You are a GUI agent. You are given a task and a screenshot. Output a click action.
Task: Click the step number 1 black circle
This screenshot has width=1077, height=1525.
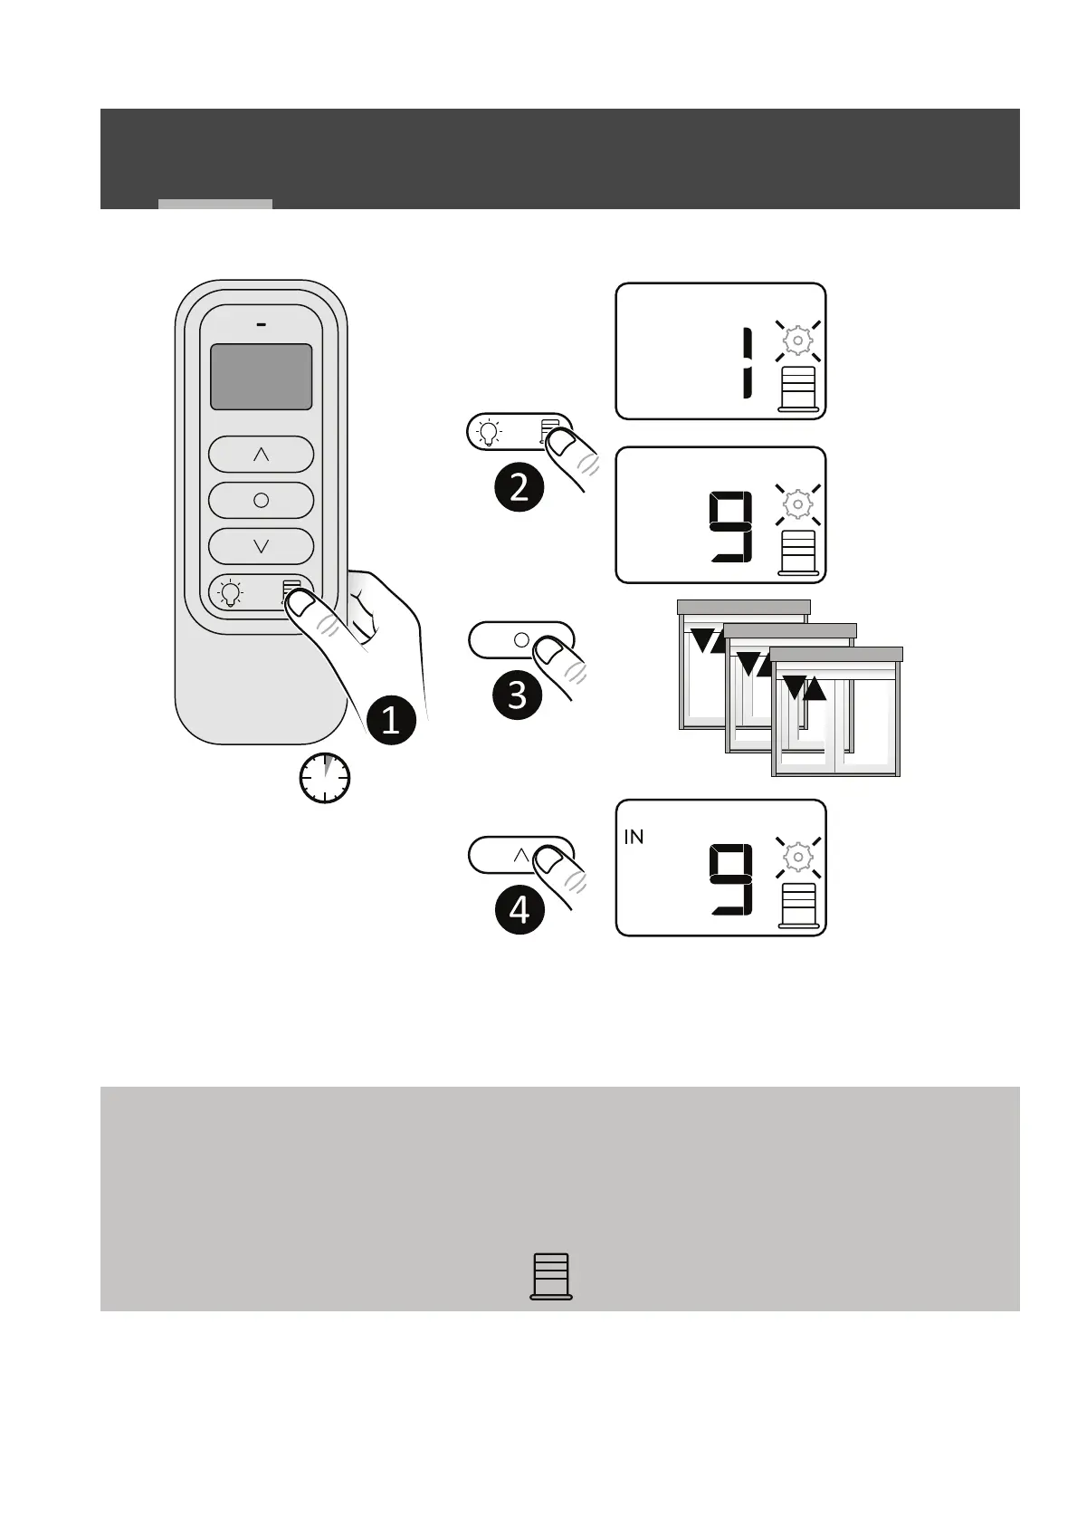tap(390, 721)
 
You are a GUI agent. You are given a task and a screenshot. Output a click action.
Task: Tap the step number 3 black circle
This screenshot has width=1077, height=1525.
tap(518, 695)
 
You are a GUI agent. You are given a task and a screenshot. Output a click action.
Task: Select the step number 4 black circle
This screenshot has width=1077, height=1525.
tap(519, 908)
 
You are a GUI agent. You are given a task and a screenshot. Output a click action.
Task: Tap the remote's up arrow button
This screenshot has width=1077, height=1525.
tap(261, 454)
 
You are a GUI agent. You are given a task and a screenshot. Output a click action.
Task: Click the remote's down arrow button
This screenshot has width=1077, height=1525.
tap(261, 546)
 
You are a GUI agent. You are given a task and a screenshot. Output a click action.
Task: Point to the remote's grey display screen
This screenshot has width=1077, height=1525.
tap(261, 377)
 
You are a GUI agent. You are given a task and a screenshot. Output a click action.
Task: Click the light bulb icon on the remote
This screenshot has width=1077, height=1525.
tap(231, 594)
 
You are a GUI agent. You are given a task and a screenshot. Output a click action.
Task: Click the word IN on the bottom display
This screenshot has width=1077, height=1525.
tap(634, 838)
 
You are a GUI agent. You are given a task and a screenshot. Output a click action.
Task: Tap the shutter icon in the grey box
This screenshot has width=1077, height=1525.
tap(550, 1277)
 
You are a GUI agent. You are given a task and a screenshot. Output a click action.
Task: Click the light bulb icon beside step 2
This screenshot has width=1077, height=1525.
tap(490, 432)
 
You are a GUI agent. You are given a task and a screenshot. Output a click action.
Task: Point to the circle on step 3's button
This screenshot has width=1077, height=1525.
tap(521, 639)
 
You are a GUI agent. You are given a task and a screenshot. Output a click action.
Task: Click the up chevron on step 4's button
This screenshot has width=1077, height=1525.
tap(521, 854)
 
